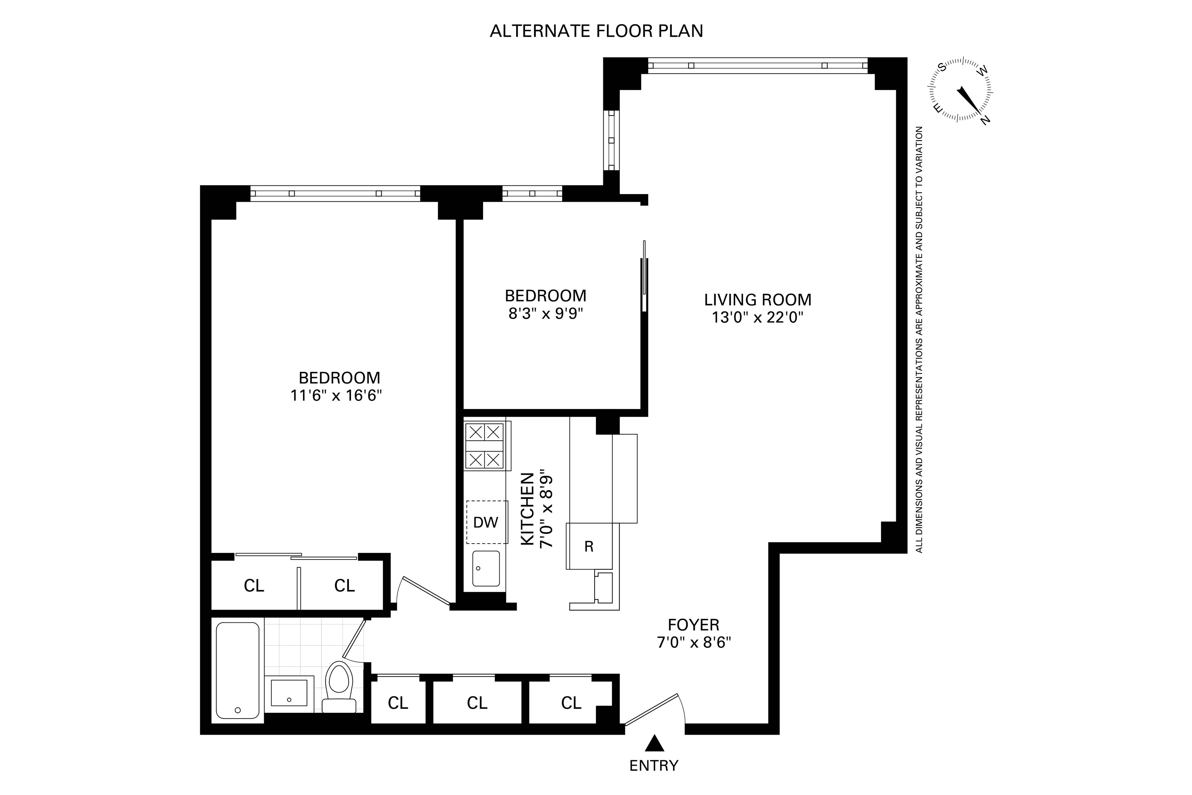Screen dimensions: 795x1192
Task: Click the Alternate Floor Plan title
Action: tap(596, 31)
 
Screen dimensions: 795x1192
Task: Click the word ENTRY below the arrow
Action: tap(654, 766)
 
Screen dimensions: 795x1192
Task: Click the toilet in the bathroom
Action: tap(339, 687)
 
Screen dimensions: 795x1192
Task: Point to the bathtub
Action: tap(238, 670)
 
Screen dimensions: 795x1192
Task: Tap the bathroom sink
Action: tap(289, 693)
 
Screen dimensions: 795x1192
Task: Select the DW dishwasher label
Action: tap(485, 522)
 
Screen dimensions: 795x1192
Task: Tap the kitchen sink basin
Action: tap(485, 568)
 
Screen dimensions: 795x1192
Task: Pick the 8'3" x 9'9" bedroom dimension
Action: tap(546, 314)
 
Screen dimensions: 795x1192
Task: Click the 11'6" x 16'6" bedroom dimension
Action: tap(336, 396)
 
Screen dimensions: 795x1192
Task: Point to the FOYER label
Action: tap(693, 625)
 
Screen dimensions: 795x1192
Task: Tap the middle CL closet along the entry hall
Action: tap(477, 703)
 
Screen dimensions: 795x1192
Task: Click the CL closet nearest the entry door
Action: tap(571, 703)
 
